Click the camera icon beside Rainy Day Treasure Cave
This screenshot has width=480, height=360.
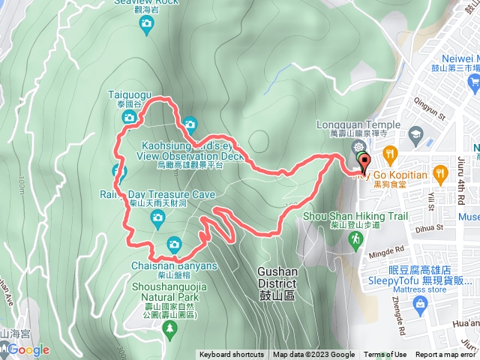point(157,217)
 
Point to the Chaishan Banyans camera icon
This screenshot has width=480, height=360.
point(174,243)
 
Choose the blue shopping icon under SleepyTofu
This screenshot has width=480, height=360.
point(419,306)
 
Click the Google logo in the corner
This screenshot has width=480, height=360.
point(28,349)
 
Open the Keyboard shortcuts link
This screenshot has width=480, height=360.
point(232,355)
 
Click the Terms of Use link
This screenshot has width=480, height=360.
point(385,355)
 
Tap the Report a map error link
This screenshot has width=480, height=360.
point(447,355)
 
